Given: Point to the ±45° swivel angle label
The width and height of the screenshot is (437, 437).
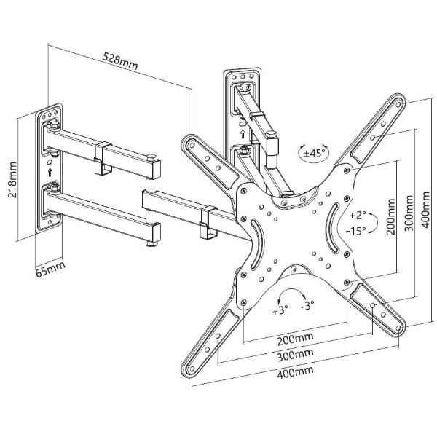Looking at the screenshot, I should click(x=315, y=154).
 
